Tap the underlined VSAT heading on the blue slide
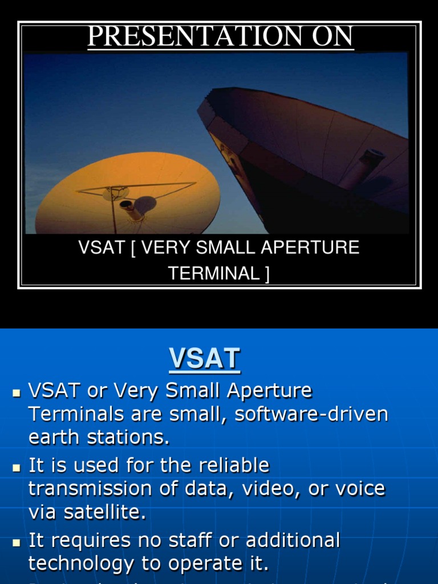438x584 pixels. pos(204,359)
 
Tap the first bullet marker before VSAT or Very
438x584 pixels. pos(17,394)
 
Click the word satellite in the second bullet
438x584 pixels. pos(107,513)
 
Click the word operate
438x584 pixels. pos(196,564)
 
